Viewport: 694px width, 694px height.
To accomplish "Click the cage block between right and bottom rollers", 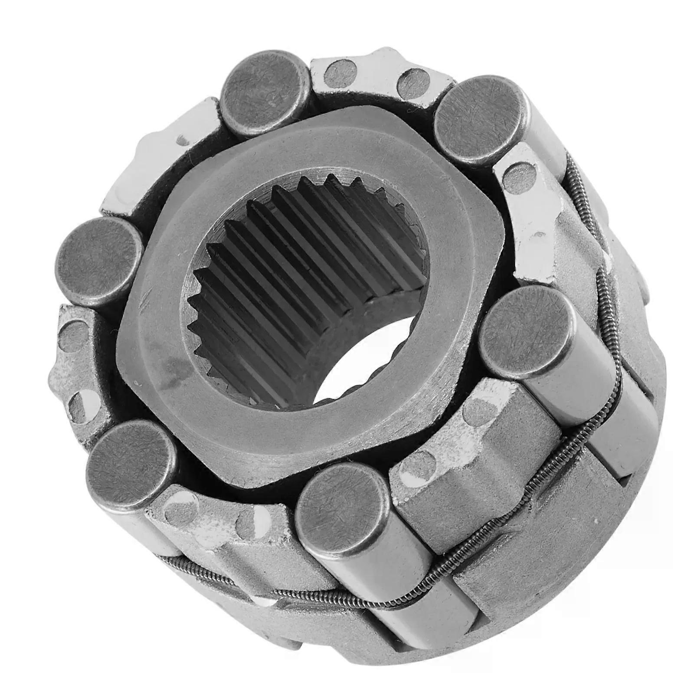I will (x=473, y=438).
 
